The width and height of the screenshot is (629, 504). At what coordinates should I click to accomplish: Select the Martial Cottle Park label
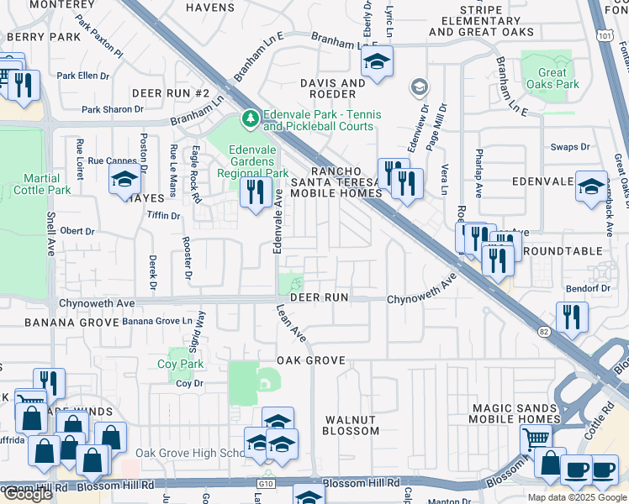(35, 184)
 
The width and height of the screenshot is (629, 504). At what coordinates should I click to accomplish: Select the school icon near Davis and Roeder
(378, 62)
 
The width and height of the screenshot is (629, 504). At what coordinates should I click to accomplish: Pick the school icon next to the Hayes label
(124, 179)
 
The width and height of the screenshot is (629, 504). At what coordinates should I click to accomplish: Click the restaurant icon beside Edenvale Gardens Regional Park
(252, 192)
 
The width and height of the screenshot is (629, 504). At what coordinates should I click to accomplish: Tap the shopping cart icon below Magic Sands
(535, 438)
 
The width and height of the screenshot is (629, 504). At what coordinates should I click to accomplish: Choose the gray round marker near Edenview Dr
(418, 87)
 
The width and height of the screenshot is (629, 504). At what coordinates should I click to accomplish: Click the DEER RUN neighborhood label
(319, 298)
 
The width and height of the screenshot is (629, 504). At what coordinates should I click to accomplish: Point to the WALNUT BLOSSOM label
(351, 424)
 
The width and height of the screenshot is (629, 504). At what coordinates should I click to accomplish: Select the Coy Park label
(178, 364)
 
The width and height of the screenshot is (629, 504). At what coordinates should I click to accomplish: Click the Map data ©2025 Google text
(576, 497)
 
